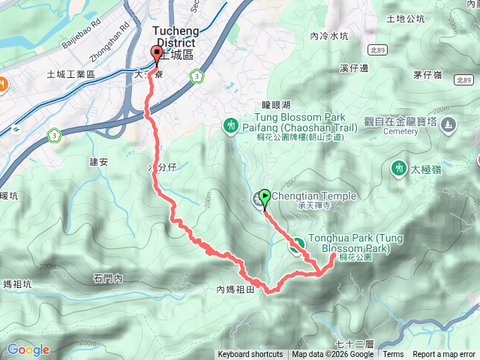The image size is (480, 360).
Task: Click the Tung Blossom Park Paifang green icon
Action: tap(232, 124)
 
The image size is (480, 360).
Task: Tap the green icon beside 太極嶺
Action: tap(397, 169)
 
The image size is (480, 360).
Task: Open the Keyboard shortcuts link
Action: tap(250, 355)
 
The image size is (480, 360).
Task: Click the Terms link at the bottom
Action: tap(393, 355)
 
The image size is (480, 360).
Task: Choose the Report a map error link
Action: tap(444, 355)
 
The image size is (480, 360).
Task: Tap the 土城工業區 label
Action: tap(70, 74)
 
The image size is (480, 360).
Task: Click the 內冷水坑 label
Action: tap(329, 35)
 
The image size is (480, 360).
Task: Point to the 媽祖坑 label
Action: tap(17, 284)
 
